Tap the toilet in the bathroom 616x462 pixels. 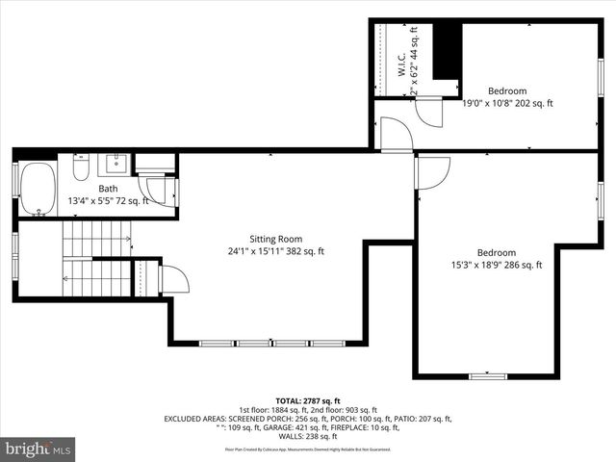[x=81, y=170]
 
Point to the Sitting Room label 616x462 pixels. [x=276, y=239]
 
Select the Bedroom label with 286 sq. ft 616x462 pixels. [x=497, y=252]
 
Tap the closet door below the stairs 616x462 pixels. [x=174, y=280]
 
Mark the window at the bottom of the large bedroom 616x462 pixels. [x=487, y=374]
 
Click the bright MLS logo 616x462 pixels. [x=38, y=448]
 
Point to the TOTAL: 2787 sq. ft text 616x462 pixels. [x=308, y=400]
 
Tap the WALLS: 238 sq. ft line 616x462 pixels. [x=308, y=437]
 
